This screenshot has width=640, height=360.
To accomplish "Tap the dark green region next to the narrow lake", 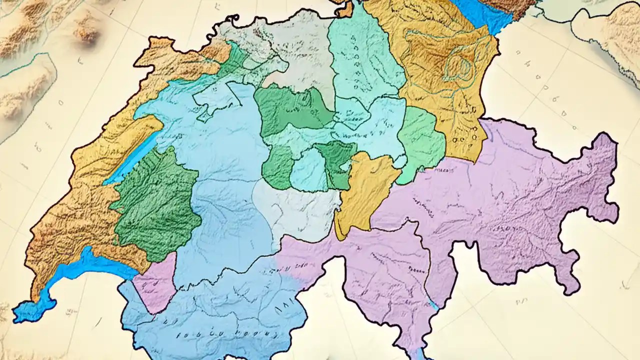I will (x=157, y=205).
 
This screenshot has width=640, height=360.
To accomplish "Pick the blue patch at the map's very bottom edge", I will (x=419, y=354).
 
